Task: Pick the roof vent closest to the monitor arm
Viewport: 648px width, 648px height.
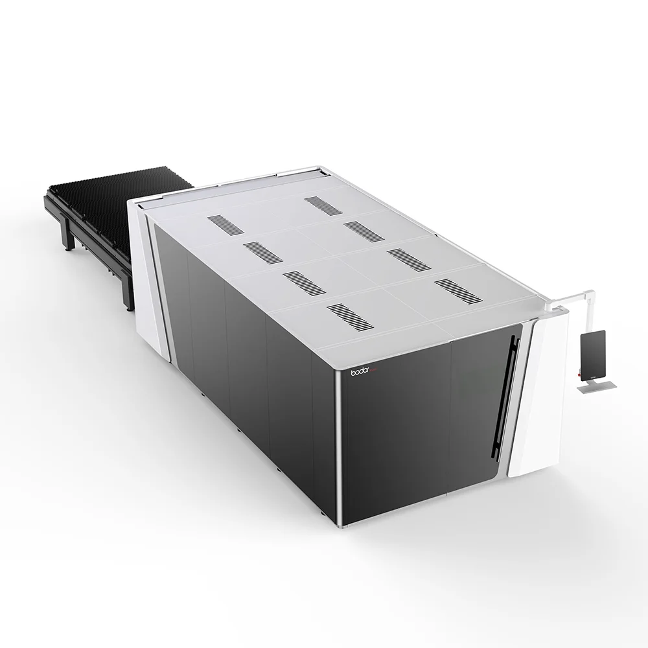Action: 458,291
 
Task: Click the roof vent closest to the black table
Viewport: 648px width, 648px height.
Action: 226,225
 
